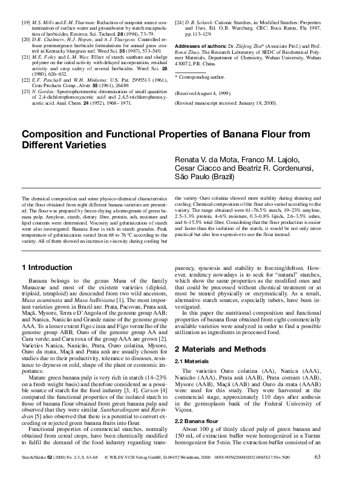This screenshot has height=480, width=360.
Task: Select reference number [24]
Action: [179, 22]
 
